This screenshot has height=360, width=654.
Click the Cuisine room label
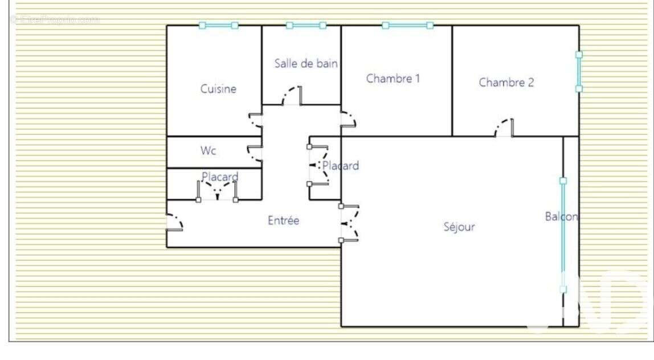coord(218,89)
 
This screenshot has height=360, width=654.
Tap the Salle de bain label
coord(305,63)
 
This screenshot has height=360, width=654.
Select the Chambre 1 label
coord(393,79)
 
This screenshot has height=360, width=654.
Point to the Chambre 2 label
coord(506,83)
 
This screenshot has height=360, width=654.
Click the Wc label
coord(208,151)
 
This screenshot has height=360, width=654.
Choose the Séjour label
coord(459,227)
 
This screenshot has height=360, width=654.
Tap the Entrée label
coord(283,220)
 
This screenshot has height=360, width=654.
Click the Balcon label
coord(561,216)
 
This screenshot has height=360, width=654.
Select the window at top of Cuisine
coord(218,25)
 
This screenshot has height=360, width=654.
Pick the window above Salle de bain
coord(306,25)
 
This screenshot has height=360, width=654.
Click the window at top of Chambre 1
coord(407,25)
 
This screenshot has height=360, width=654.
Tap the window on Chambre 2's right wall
coord(579,72)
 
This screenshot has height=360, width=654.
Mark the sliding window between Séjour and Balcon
coord(563,235)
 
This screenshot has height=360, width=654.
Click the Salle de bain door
coord(292,96)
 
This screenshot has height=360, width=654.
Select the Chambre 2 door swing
coord(504,128)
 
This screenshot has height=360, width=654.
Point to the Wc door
coord(255,153)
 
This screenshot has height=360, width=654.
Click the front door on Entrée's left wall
coord(173,222)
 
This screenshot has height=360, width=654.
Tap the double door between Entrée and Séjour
coord(348,223)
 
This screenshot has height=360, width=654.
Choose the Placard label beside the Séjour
coord(341,166)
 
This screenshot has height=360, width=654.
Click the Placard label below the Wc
coord(220,177)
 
